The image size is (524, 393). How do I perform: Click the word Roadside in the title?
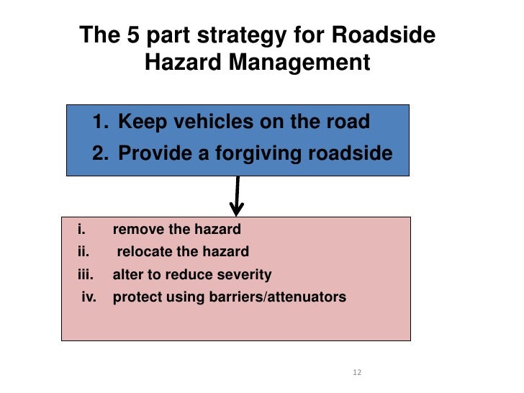[x=391, y=36]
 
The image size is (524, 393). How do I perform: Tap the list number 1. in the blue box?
[x=100, y=122]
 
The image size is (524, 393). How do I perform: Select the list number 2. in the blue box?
[x=100, y=153]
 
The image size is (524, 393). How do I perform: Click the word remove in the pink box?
[x=136, y=230]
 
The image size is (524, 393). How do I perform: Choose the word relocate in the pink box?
[x=144, y=252]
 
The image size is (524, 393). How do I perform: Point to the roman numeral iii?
[x=86, y=274]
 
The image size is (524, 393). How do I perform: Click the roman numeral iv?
[x=89, y=297]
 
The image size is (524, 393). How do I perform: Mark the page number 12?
[x=356, y=372]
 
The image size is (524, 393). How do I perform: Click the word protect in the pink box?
[x=134, y=297]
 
